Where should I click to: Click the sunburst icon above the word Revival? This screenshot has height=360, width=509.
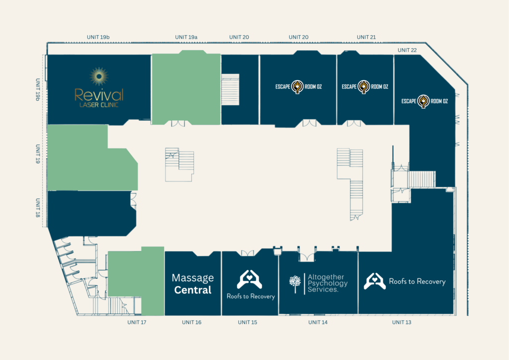pyautogui.click(x=99, y=77)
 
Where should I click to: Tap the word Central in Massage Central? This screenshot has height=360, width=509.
pyautogui.click(x=193, y=290)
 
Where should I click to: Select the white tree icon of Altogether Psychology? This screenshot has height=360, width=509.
pyautogui.click(x=295, y=284)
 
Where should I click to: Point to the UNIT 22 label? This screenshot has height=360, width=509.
pyautogui.click(x=407, y=50)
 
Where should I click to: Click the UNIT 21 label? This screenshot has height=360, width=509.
pyautogui.click(x=366, y=37)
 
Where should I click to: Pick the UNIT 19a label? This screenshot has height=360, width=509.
pyautogui.click(x=186, y=37)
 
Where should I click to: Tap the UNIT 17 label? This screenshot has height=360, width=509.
pyautogui.click(x=137, y=322)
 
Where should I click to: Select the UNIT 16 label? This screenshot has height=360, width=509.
pyautogui.click(x=191, y=322)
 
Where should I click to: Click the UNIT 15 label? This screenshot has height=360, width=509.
pyautogui.click(x=248, y=322)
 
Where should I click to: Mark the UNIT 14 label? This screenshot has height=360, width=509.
pyautogui.click(x=318, y=322)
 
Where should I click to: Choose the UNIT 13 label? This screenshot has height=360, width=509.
pyautogui.click(x=402, y=322)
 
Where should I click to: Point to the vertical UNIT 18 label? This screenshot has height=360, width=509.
pyautogui.click(x=38, y=208)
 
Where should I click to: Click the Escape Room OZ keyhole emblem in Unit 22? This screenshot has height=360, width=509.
pyautogui.click(x=423, y=101)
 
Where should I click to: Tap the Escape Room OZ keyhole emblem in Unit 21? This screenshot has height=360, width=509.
pyautogui.click(x=363, y=87)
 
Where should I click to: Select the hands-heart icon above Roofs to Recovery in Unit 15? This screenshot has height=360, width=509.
pyautogui.click(x=250, y=279)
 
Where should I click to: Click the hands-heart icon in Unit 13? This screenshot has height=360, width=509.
pyautogui.click(x=375, y=281)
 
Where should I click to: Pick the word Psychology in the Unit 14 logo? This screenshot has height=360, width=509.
pyautogui.click(x=328, y=283)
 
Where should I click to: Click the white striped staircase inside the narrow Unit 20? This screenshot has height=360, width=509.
pyautogui.click(x=230, y=90)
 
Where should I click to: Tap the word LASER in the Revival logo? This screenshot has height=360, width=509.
pyautogui.click(x=87, y=105)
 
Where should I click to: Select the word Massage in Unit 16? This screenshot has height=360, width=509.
pyautogui.click(x=193, y=278)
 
